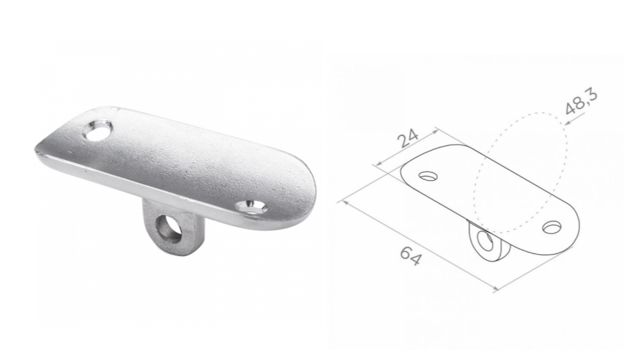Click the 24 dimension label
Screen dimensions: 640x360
(x=408, y=138)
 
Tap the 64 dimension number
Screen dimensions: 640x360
(x=409, y=256)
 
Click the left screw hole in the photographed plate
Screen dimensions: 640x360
(x=98, y=130)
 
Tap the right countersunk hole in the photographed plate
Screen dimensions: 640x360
(x=251, y=207)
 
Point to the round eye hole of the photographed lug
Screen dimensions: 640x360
(x=169, y=229)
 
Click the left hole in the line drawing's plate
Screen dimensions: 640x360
(x=428, y=176)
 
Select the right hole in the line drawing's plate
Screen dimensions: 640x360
(x=552, y=227)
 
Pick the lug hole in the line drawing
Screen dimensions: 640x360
(x=485, y=241)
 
